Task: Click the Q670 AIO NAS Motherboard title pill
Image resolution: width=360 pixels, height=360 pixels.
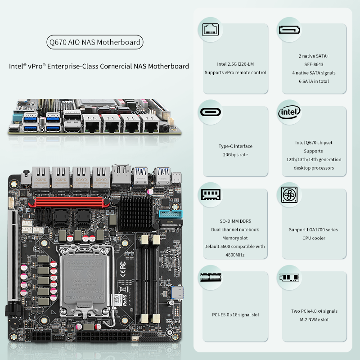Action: click(95, 43)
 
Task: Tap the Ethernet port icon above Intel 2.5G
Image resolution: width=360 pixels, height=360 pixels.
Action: click(210, 30)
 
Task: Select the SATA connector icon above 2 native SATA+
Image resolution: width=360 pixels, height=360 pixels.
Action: click(289, 30)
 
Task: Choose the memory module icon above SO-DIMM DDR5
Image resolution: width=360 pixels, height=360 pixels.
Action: click(210, 195)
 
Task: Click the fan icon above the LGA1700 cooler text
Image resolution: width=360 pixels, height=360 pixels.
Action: click(289, 195)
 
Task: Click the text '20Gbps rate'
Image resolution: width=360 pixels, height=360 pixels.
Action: click(235, 155)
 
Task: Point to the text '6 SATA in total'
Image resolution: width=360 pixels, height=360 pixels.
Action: click(314, 81)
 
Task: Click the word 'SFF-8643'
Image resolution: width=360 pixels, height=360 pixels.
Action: click(314, 64)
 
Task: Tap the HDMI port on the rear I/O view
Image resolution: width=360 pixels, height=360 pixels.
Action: click(72, 129)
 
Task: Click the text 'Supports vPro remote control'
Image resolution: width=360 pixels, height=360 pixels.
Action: click(235, 72)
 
